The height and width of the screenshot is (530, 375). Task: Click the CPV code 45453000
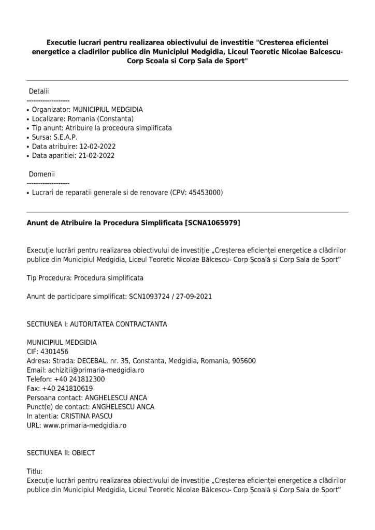(x=205, y=193)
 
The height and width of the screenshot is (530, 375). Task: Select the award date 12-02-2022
(x=98, y=146)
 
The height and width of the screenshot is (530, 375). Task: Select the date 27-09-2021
(x=193, y=297)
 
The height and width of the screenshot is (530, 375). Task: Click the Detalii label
(x=38, y=91)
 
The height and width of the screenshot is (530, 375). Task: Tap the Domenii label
(x=41, y=174)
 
